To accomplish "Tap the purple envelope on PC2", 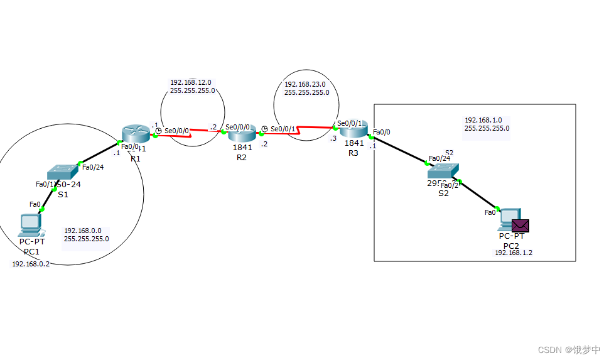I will pos(520,226).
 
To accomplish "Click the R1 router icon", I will pos(135,133).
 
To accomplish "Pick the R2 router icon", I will pos(241,134).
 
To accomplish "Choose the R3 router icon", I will pos(353,130).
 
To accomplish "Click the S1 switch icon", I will pos(62,172).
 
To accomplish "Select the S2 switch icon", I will pos(443,172).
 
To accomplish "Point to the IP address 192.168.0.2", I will pos(31,264).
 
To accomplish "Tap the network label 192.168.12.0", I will pos(190,82).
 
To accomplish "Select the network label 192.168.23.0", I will pos(304,84).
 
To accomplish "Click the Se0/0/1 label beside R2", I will pos(283,129).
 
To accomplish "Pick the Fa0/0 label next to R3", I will pos(381,132).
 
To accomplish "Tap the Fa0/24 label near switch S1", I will pos(92,166).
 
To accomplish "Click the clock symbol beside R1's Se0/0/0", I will pos(159,131).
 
